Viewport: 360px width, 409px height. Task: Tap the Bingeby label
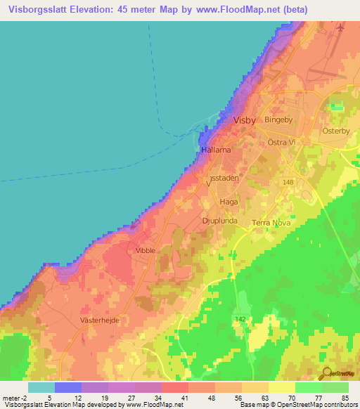277,120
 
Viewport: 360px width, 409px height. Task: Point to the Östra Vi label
282,142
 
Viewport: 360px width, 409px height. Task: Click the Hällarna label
214,150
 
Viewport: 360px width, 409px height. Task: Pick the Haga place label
229,202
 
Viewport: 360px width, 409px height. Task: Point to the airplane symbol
340,27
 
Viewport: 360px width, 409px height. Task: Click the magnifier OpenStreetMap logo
326,374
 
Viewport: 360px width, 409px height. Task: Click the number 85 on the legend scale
345,398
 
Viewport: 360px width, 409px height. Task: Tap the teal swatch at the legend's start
41,387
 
